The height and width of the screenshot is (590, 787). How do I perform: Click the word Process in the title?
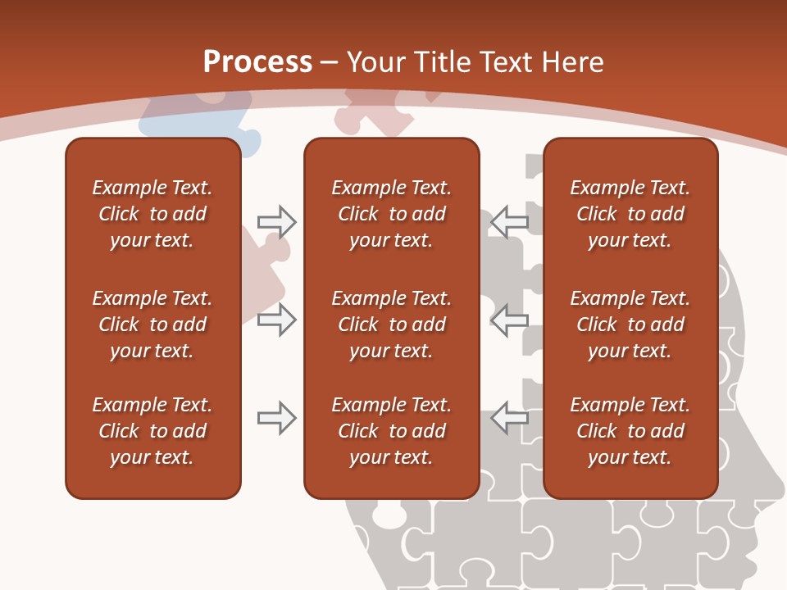(x=257, y=62)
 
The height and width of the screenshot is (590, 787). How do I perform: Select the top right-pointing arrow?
(x=276, y=222)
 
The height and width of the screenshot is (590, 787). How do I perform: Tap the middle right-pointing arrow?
(x=276, y=320)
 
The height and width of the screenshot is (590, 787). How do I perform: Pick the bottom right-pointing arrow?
(x=276, y=418)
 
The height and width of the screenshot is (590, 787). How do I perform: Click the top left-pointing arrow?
(x=509, y=222)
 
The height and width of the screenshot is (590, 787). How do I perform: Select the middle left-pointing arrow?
(x=509, y=320)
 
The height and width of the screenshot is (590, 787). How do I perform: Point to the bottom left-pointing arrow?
(x=509, y=418)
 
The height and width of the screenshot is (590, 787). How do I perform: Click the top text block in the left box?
(x=152, y=214)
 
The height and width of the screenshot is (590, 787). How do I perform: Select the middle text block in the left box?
(x=152, y=324)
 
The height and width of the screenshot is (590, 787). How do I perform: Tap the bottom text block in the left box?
(x=152, y=431)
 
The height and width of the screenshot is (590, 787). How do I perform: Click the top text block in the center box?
(x=391, y=214)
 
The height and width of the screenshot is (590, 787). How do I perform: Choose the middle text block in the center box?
(x=391, y=324)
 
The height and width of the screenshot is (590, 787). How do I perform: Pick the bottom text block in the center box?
(x=391, y=431)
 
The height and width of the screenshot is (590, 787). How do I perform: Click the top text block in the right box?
(x=630, y=214)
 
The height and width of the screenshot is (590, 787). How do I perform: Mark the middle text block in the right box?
(x=630, y=324)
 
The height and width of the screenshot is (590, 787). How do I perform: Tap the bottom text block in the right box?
(x=630, y=431)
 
